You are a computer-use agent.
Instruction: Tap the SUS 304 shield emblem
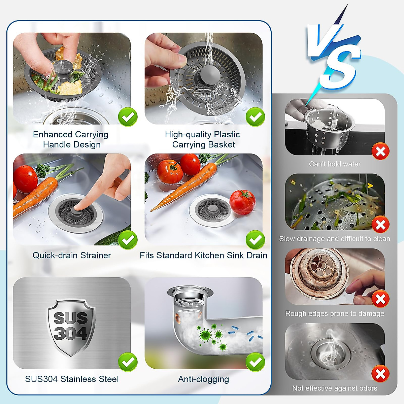pyautogui.click(x=71, y=327)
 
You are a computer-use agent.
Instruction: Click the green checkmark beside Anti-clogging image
pyautogui.click(x=255, y=362)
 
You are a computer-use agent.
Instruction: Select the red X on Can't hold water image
pyautogui.click(x=380, y=151)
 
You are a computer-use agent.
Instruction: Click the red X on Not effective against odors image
pyautogui.click(x=380, y=374)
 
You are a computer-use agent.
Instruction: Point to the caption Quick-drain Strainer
pyautogui.click(x=72, y=255)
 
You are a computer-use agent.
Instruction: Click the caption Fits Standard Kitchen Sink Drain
pyautogui.click(x=203, y=255)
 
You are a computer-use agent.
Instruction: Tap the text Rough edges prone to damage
pyautogui.click(x=335, y=313)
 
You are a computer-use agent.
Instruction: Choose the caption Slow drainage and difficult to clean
pyautogui.click(x=335, y=239)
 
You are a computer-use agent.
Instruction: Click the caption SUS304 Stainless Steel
pyautogui.click(x=72, y=379)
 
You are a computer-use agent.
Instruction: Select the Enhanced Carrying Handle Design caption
pyautogui.click(x=71, y=139)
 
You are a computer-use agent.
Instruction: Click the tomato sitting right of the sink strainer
pyautogui.click(x=242, y=202)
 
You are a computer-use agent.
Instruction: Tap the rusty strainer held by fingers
pyautogui.click(x=318, y=273)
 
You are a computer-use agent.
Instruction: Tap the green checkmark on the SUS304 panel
pyautogui.click(x=128, y=362)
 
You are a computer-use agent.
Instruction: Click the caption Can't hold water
pyautogui.click(x=335, y=164)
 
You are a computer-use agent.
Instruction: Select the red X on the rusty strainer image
pyautogui.click(x=380, y=299)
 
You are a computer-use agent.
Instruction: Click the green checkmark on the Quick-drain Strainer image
pyautogui.click(x=128, y=240)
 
